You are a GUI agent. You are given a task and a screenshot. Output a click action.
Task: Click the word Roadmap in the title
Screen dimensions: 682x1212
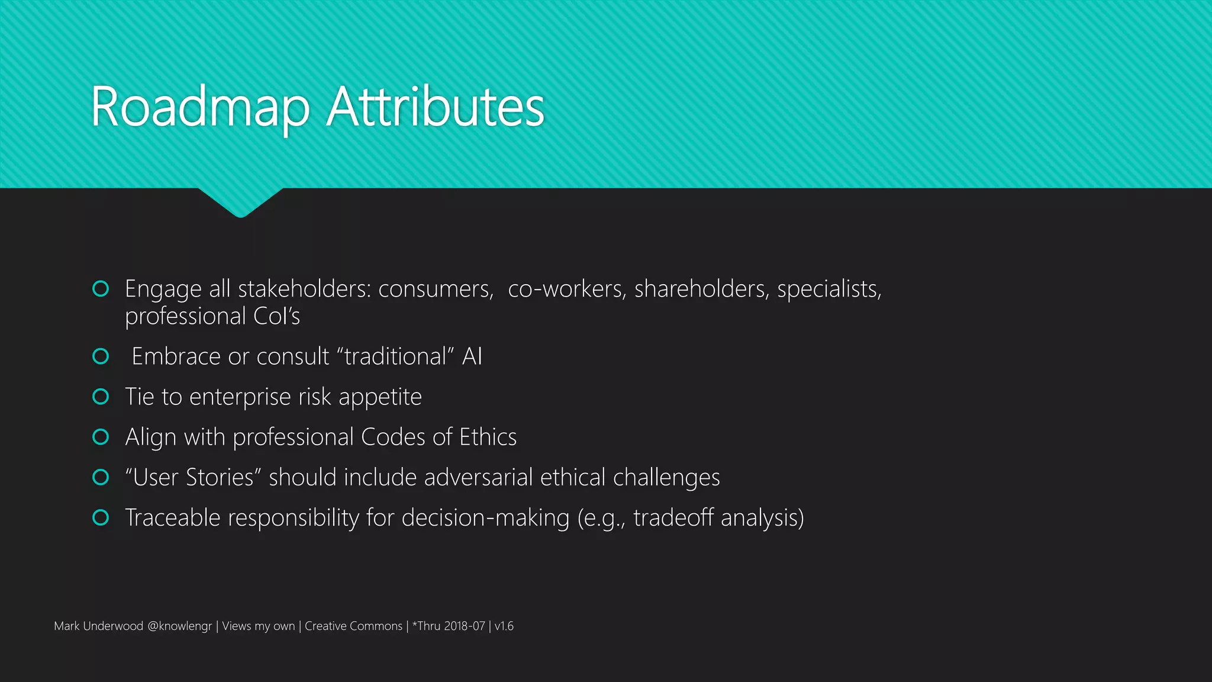coord(200,107)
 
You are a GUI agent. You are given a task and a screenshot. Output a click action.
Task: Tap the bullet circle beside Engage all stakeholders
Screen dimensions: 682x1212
coord(101,289)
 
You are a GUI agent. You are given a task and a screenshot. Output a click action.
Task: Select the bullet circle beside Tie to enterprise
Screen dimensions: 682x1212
coord(101,397)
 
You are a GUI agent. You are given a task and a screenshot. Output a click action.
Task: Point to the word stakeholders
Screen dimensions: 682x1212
coord(304,289)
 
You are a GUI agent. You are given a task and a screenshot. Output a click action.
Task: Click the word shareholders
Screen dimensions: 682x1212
coord(701,289)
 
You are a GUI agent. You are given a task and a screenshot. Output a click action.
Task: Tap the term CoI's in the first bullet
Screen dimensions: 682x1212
coord(276,316)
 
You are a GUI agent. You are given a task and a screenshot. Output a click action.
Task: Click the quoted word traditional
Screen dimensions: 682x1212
coord(395,356)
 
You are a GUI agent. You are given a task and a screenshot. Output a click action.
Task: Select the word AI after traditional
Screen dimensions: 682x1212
coord(472,356)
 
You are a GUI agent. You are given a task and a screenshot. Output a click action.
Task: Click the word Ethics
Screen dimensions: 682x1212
coord(488,437)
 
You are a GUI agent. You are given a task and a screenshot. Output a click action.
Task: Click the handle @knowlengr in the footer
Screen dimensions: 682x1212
coord(179,626)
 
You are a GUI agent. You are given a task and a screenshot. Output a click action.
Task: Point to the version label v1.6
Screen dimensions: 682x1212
coord(504,626)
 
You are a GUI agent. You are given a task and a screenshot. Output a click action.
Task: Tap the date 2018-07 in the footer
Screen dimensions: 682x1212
coord(465,626)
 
